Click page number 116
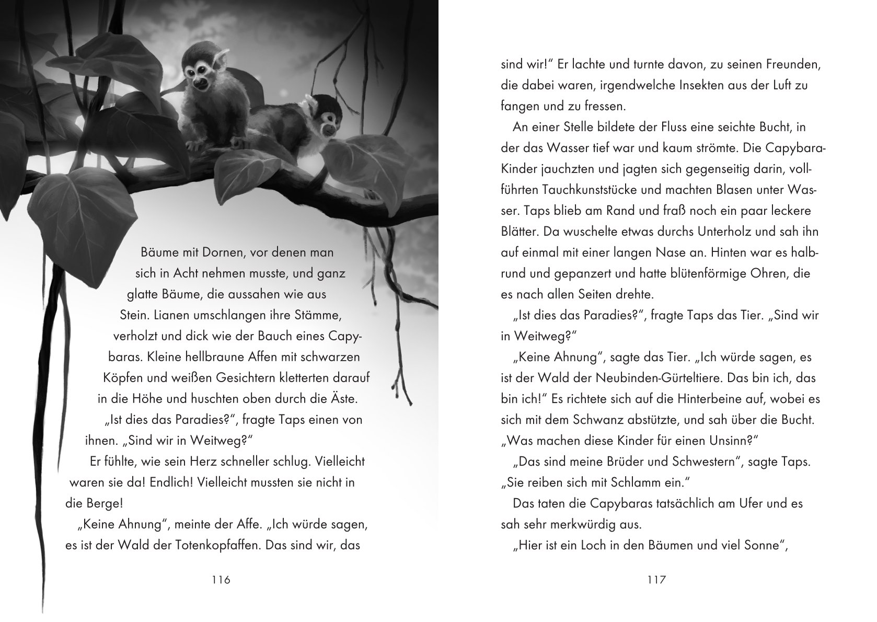219,580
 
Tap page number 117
656,580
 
